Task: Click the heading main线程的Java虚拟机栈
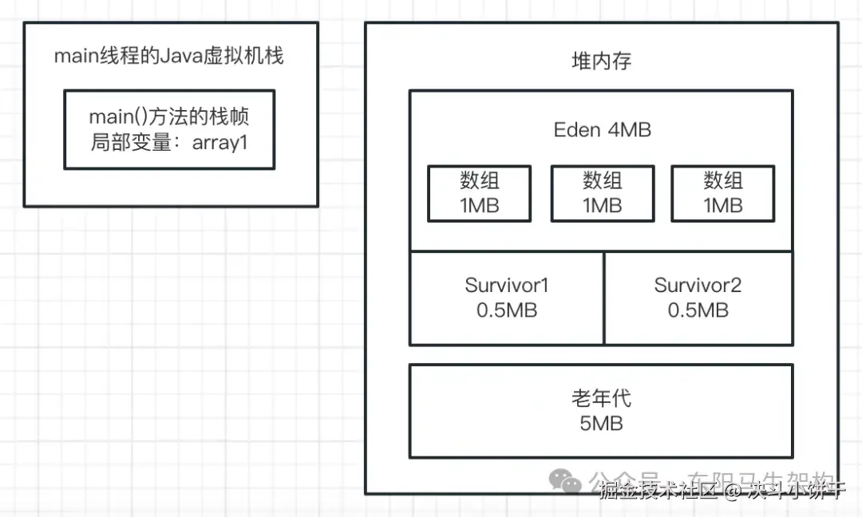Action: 168,57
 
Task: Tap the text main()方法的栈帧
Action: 168,117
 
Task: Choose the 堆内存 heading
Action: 602,61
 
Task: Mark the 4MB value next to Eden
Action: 629,130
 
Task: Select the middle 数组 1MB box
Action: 602,193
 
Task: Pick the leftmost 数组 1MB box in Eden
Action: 479,193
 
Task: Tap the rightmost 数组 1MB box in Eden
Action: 722,193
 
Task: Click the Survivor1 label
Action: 506,286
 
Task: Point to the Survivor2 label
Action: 698,286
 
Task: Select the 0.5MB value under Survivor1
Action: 506,310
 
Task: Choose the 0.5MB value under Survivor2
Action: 698,310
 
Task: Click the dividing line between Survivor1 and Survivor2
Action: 604,298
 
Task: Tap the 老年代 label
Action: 602,398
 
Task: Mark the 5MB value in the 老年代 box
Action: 602,423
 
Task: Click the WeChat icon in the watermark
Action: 568,482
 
